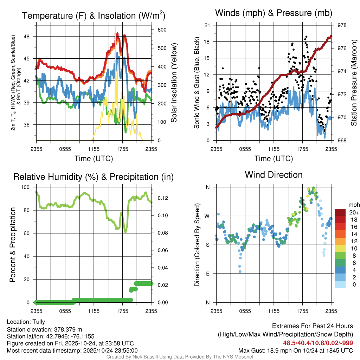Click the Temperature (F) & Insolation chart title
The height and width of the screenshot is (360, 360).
[94, 15]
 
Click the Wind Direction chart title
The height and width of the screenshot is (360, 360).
[274, 175]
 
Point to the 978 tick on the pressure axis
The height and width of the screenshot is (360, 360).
[341, 25]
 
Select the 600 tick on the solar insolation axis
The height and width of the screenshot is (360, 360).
[157, 30]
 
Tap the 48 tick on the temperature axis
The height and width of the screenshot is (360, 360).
[31, 37]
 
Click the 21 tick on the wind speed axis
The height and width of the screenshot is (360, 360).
[207, 25]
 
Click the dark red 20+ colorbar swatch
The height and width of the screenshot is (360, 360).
[341, 212]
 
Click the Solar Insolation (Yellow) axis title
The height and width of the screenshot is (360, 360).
[174, 83]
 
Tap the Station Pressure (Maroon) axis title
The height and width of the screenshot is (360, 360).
[354, 83]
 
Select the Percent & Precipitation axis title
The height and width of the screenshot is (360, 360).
[12, 245]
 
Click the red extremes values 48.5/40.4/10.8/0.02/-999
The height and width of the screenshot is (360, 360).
[318, 343]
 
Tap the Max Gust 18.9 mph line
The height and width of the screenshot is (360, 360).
[295, 350]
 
